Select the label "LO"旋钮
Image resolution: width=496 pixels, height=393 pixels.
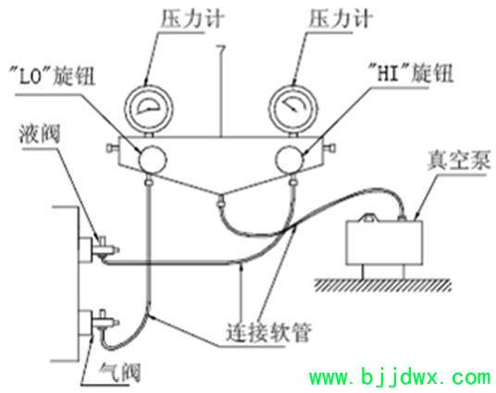point(52,76)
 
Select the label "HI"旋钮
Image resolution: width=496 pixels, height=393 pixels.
point(412,73)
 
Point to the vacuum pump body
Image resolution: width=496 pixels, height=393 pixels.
point(384,242)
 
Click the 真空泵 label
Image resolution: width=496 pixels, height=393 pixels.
point(459,160)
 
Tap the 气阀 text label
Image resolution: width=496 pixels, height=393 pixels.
point(119,372)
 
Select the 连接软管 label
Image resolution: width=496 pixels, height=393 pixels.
point(269,332)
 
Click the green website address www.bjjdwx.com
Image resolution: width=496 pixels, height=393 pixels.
point(401,377)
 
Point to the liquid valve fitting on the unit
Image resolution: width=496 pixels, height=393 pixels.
point(105,248)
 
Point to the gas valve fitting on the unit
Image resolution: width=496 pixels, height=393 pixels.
point(105,322)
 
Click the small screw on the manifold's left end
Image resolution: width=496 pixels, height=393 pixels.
point(112,148)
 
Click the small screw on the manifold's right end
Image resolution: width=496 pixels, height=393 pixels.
point(329,148)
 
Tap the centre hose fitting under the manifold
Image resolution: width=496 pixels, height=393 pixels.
point(221,201)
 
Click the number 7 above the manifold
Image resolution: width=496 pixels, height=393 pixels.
point(221,50)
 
